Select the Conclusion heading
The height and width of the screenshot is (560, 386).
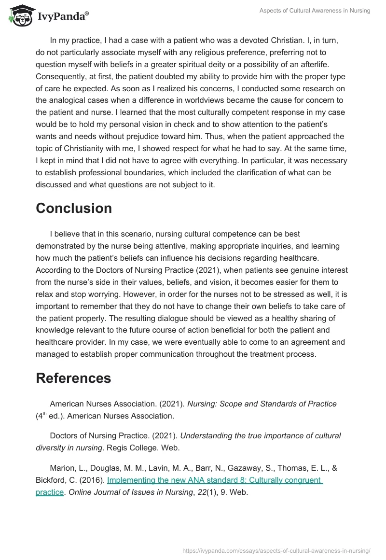pos(74,208)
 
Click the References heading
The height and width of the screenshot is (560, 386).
pos(73,378)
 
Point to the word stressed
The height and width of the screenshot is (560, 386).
pos(278,294)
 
